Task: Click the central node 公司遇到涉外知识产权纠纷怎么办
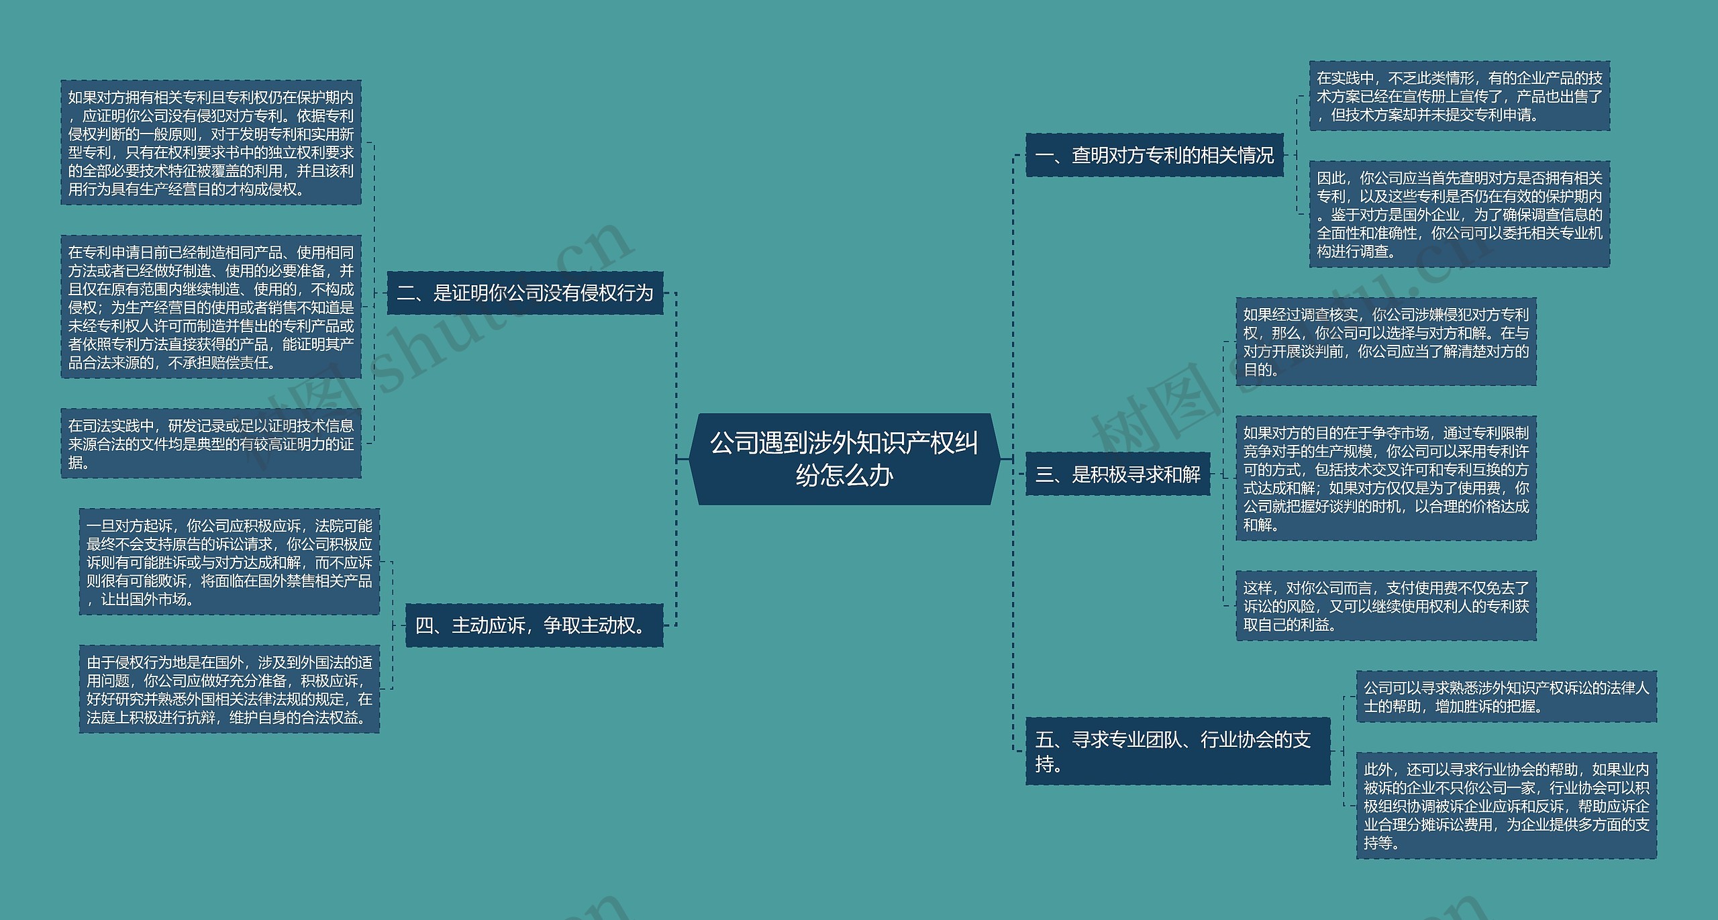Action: coord(844,458)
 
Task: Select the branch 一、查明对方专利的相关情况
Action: coord(1154,156)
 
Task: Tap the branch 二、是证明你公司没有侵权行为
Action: coord(525,293)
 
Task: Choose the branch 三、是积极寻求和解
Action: coord(1117,474)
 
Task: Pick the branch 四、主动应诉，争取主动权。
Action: coord(534,625)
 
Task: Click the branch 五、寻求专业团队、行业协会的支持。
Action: coord(1177,751)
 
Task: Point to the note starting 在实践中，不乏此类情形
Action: coord(1459,97)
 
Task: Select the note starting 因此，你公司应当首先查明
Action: coord(1459,215)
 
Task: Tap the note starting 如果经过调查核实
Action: coord(1386,342)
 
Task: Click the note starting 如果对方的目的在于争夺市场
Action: coord(1386,478)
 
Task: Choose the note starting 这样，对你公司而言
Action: coord(1386,606)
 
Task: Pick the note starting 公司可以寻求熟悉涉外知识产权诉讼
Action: coord(1506,697)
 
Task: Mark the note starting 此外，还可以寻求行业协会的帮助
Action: coord(1506,805)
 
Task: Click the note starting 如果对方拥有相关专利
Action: coord(211,143)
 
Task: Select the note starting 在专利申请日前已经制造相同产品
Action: coord(211,307)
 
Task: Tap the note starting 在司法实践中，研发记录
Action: coord(211,444)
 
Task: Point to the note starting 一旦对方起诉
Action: coord(229,562)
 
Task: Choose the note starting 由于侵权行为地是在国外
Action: coord(229,690)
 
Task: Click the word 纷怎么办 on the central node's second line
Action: coord(844,476)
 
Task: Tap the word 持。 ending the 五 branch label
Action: coord(1049,764)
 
